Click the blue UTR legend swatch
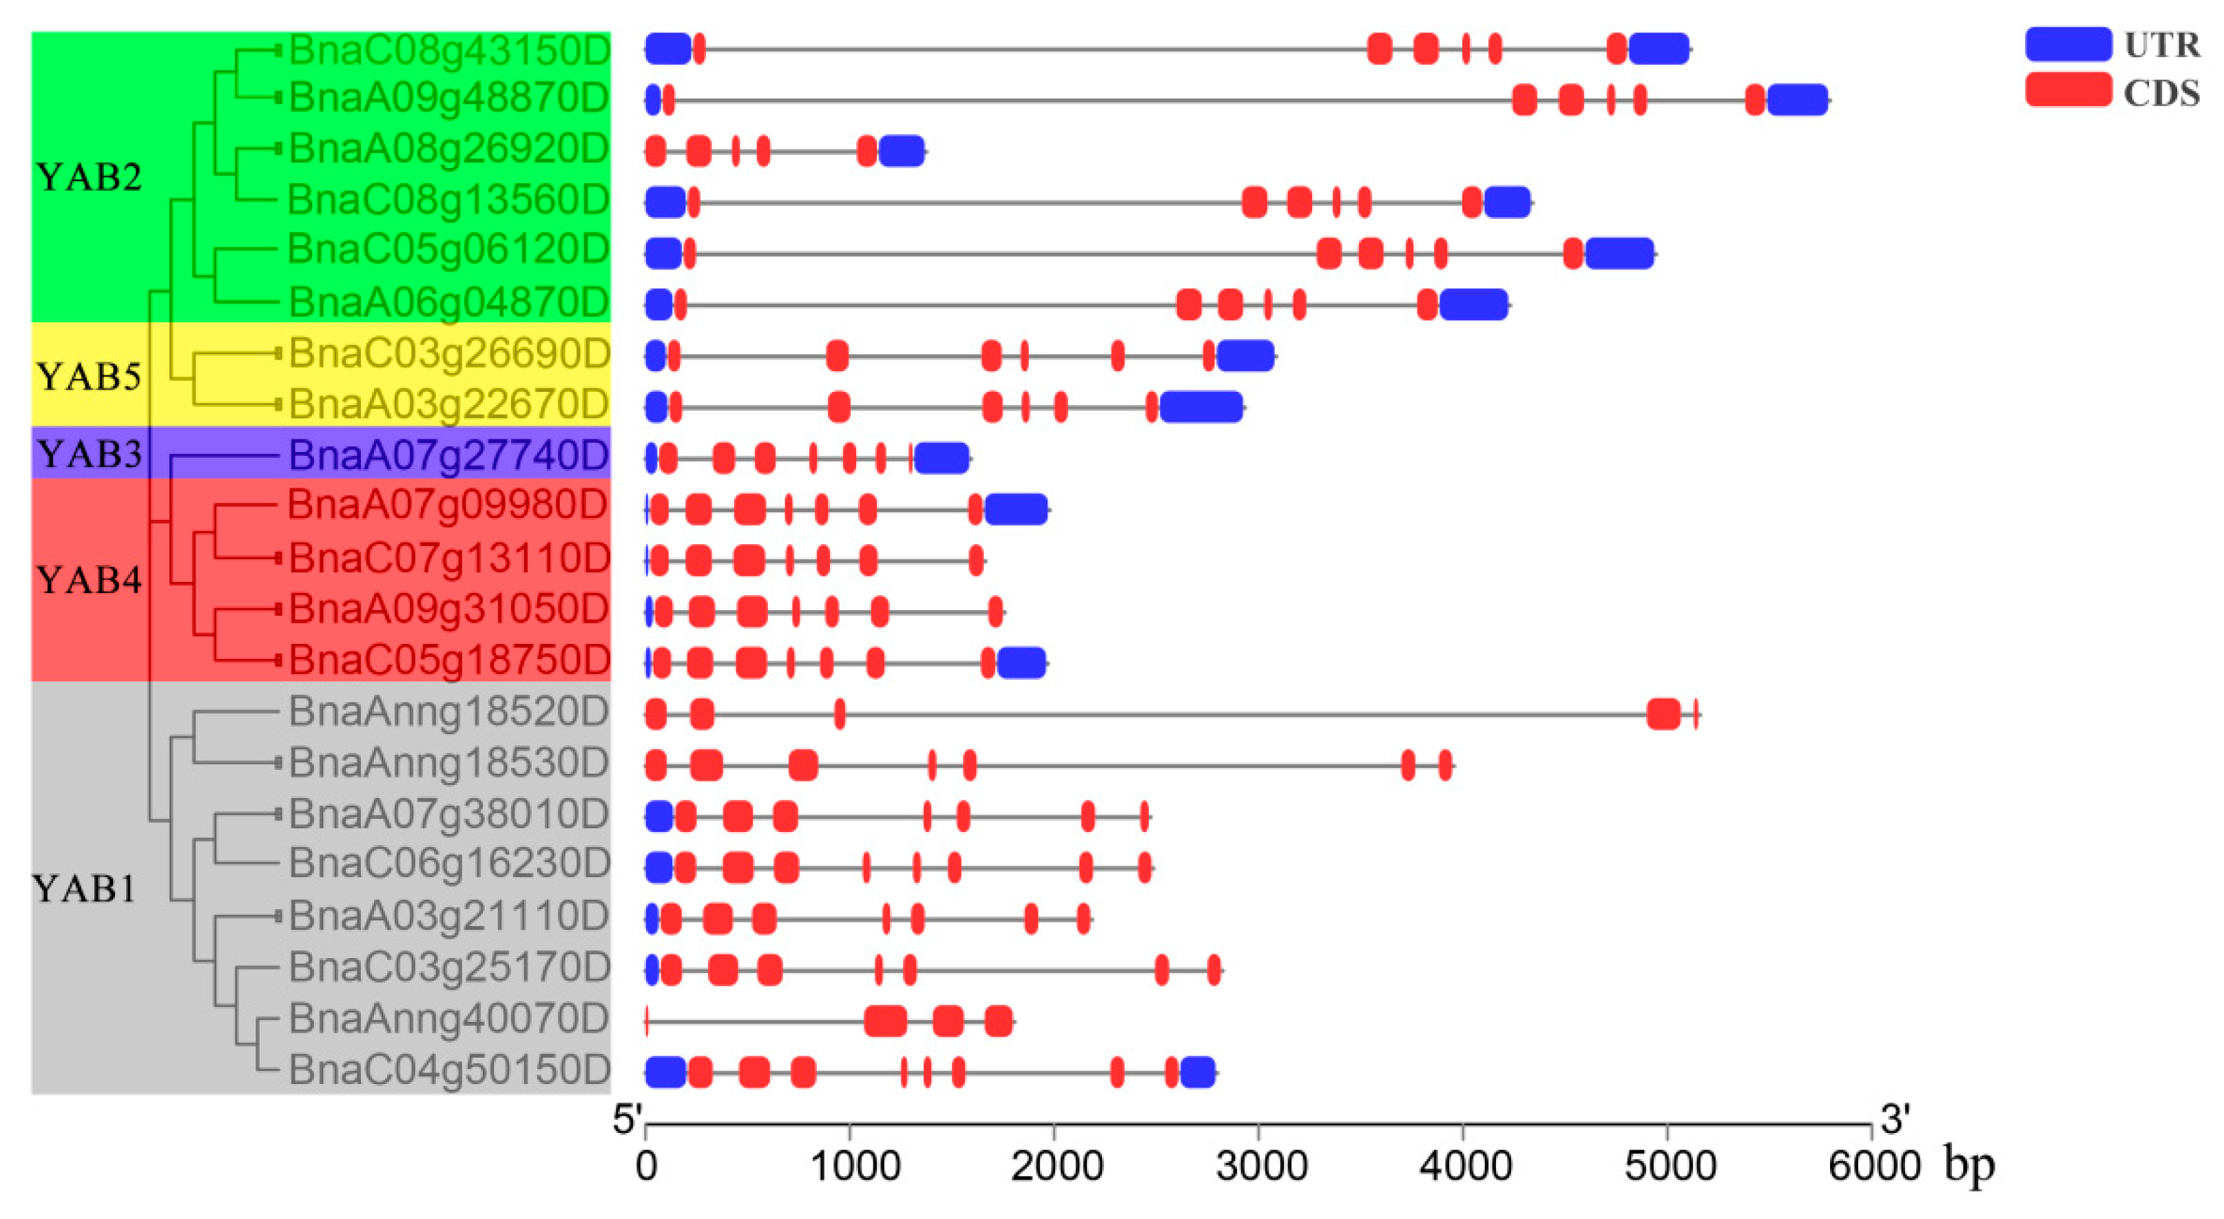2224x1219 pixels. point(2068,44)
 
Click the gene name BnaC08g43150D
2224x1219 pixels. point(448,50)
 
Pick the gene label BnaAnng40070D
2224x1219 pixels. point(448,1019)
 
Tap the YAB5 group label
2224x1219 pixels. point(89,377)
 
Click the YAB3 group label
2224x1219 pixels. point(89,454)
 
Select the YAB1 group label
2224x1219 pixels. point(84,888)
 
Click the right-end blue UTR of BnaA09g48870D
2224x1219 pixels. point(1798,100)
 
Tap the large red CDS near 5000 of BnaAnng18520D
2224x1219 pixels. point(1663,714)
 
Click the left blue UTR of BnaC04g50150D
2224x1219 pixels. point(665,1072)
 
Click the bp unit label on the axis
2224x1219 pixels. point(1969,1165)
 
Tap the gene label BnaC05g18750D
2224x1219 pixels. point(448,660)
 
